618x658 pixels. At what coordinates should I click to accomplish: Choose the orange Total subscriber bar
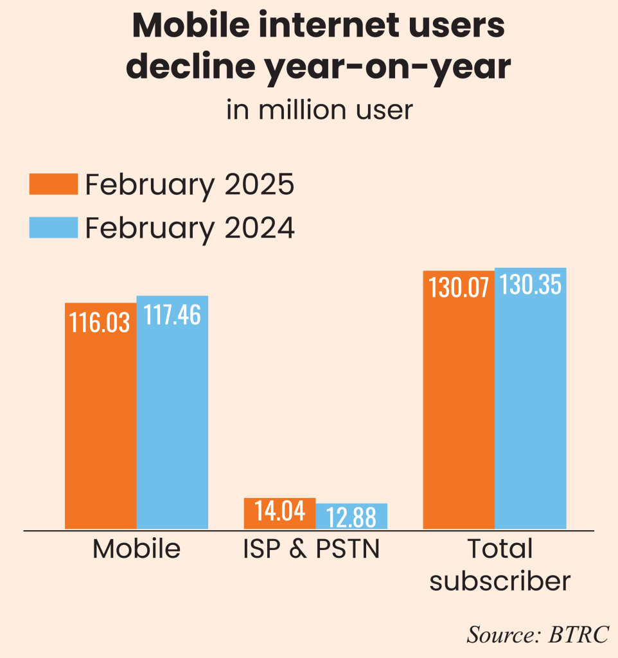[x=458, y=411]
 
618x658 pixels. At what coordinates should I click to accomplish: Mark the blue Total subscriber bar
[x=530, y=411]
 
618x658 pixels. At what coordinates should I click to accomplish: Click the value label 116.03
[x=100, y=322]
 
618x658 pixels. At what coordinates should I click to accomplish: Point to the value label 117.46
[x=172, y=315]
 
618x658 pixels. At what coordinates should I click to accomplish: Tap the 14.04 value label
[x=280, y=511]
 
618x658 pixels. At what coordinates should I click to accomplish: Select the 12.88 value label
[x=351, y=516]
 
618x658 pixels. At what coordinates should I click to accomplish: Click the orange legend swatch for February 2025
[x=53, y=184]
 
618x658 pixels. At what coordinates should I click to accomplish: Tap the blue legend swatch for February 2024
[x=53, y=227]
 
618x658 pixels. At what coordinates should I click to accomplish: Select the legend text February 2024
[x=190, y=228]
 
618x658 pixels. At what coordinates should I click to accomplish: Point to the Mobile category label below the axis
[x=136, y=549]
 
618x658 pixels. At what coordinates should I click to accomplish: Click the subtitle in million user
[x=319, y=110]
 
